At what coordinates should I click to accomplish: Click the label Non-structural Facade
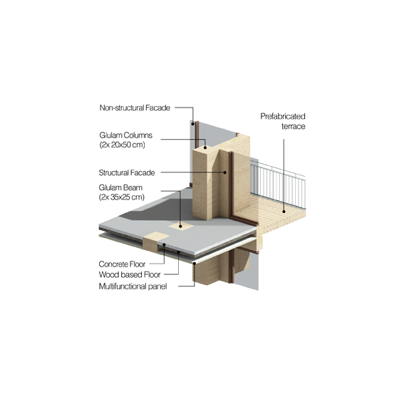point(135,108)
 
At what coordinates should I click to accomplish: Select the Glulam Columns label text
point(125,135)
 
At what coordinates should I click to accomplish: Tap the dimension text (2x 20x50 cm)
point(123,145)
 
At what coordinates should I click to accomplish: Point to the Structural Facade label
point(127,172)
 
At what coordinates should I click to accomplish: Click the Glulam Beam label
point(120,187)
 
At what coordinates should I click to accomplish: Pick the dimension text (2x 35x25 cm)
point(122,197)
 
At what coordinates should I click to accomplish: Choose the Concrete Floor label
point(122,264)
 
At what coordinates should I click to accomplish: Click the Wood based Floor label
point(130,274)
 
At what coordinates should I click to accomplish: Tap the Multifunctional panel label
point(133,286)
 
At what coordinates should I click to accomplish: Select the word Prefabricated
point(283,116)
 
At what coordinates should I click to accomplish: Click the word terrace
point(294,127)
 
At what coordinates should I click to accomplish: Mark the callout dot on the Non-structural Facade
point(192,124)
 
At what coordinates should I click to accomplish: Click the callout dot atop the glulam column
point(205,147)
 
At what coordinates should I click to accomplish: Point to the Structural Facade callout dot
point(225,172)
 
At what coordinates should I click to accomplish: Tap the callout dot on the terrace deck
point(284,212)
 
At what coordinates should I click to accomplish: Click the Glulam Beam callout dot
point(180,226)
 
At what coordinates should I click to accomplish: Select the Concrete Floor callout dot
point(164,244)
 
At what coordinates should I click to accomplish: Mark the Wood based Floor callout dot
point(178,252)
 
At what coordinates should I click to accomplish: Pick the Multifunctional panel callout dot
point(195,263)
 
